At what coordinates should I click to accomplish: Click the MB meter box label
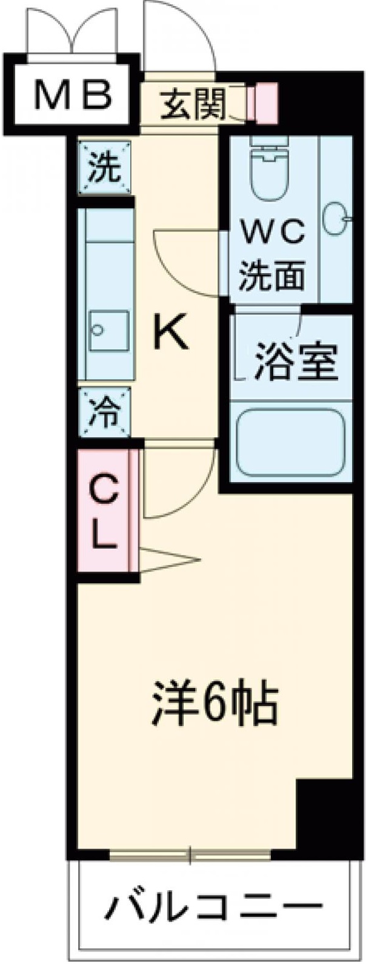(73, 94)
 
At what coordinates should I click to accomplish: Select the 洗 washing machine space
(105, 167)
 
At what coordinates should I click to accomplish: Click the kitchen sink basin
(109, 331)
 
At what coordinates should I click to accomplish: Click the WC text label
(272, 232)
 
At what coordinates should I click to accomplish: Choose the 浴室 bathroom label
(295, 361)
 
